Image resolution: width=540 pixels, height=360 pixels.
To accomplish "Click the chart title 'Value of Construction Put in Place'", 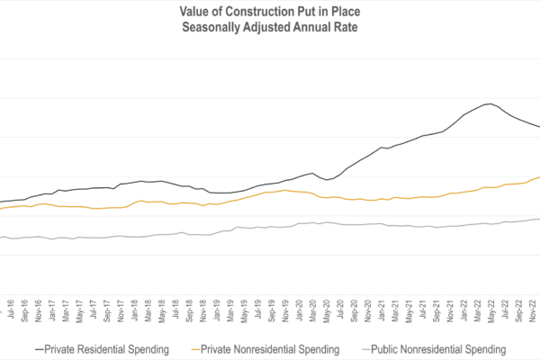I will tap(269, 12).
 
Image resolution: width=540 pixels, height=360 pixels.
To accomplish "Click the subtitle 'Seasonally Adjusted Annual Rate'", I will tap(269, 28).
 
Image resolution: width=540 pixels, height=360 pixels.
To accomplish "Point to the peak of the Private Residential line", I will tap(489, 104).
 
